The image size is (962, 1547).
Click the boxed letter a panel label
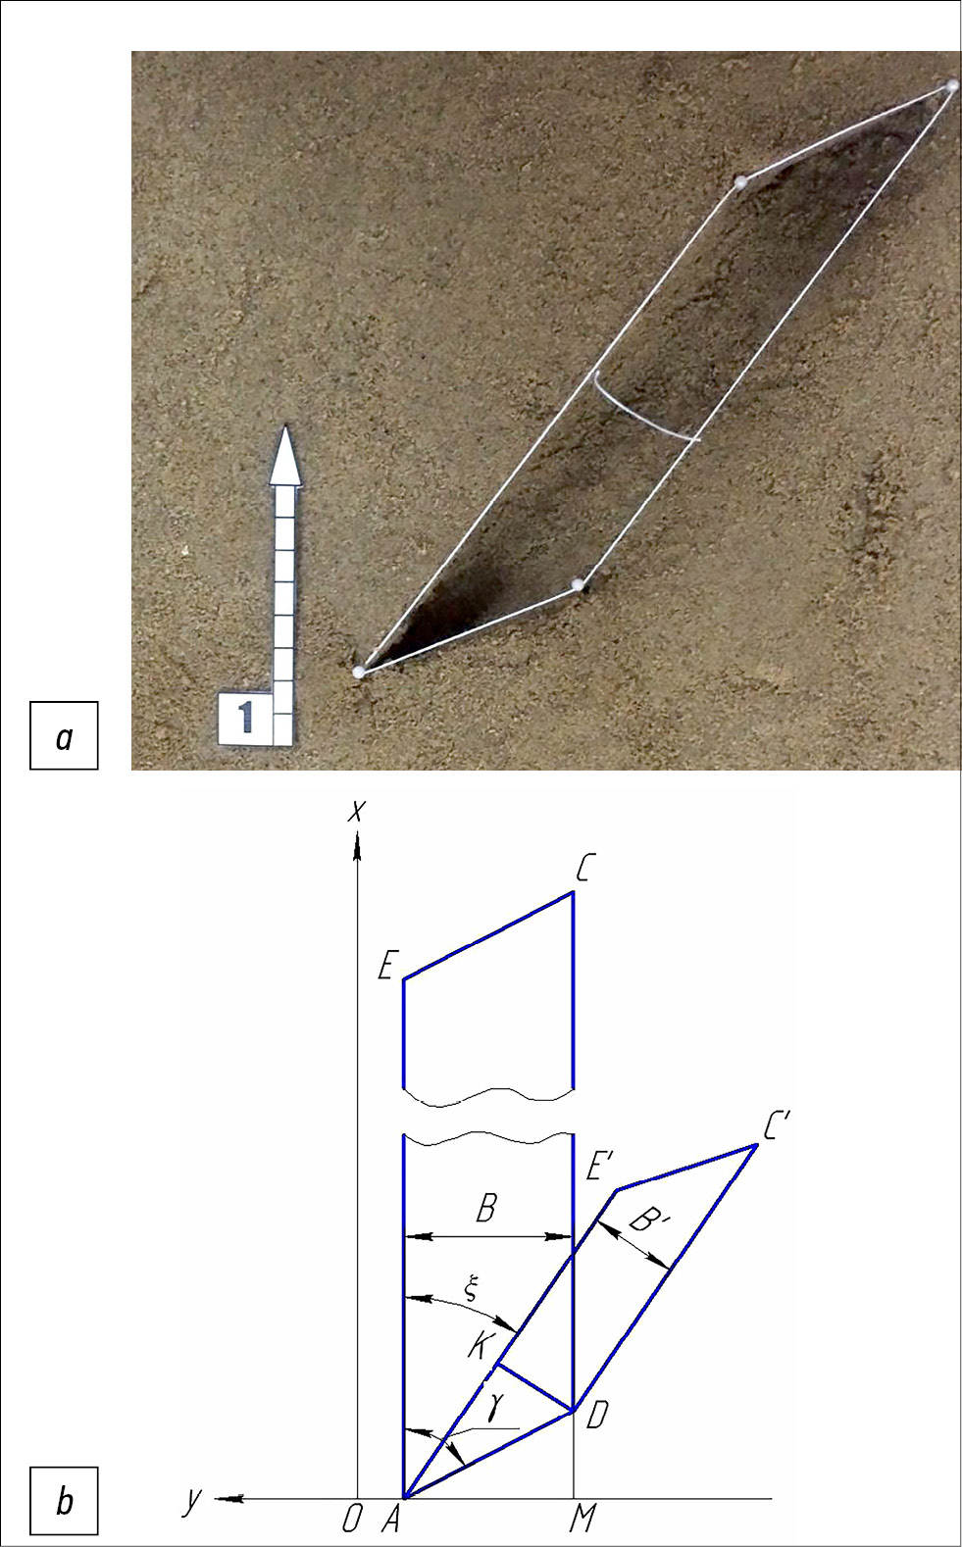64,735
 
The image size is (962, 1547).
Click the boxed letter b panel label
64,1500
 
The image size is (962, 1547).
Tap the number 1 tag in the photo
245,719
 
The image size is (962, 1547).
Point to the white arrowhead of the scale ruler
285,455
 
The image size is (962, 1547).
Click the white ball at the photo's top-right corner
951,86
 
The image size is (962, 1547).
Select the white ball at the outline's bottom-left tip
358,672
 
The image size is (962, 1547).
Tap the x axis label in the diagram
356,812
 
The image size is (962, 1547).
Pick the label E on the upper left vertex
386,967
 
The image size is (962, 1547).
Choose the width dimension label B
486,1209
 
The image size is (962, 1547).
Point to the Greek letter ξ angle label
471,1288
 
